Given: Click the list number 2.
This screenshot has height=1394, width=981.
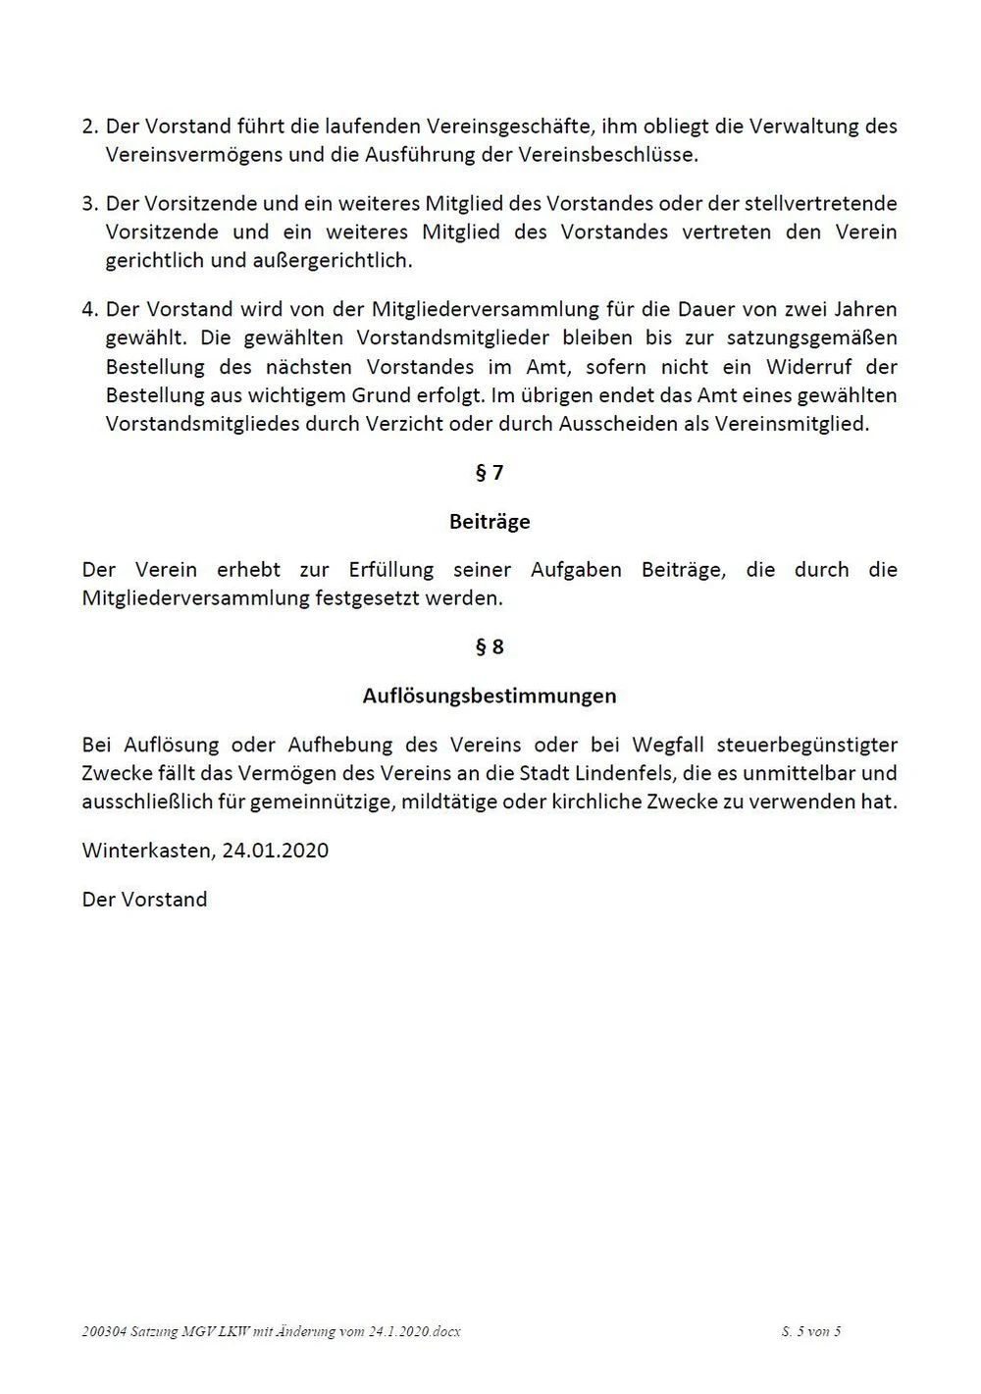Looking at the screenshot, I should tap(89, 127).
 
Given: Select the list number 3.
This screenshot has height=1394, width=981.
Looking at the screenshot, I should tap(89, 204).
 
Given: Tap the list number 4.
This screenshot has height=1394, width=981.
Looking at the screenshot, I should tap(89, 310).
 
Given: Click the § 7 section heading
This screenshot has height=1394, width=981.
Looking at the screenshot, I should tap(490, 473).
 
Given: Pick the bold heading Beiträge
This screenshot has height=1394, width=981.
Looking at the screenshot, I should tap(490, 522).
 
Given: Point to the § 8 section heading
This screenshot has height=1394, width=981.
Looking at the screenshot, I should tap(490, 646).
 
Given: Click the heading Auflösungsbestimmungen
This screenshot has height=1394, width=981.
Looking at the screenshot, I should tap(490, 696).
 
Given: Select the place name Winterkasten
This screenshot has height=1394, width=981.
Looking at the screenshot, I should tap(144, 851).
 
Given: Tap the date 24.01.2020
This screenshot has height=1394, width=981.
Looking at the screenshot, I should tap(276, 851).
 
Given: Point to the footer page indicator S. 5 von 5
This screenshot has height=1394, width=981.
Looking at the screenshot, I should tap(811, 1331).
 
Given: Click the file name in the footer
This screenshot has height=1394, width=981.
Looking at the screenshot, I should tap(272, 1331).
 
